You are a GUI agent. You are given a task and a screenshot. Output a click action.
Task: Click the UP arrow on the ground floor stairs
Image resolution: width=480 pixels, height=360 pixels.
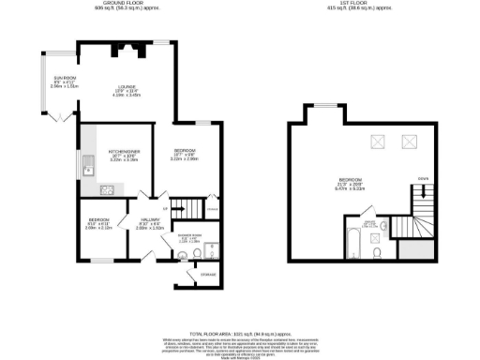165,207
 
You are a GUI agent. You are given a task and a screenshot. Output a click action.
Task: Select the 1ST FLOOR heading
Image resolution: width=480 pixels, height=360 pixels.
356,4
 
